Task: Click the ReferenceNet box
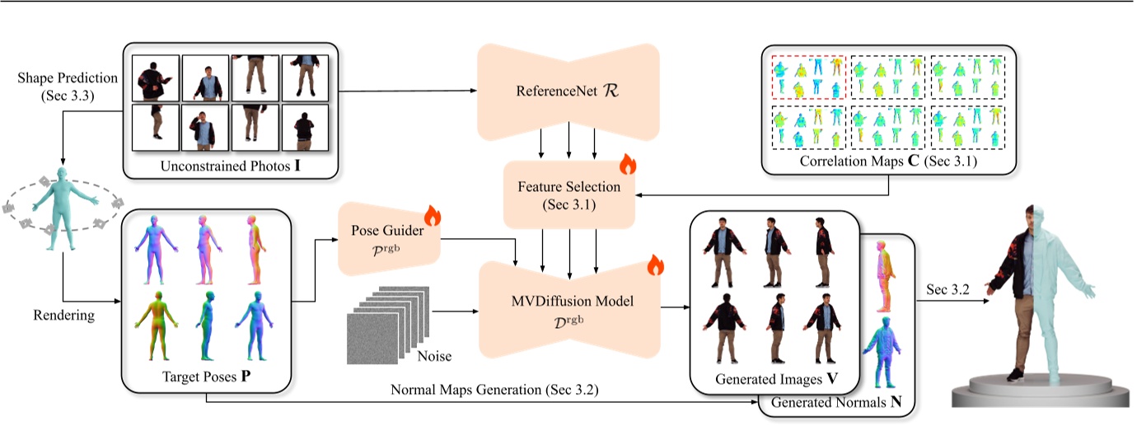(568, 91)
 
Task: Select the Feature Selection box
(569, 194)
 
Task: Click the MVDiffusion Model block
(568, 310)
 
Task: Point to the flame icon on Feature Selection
(628, 164)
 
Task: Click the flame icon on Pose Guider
(433, 217)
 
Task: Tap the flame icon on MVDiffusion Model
(654, 265)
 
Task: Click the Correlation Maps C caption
(888, 162)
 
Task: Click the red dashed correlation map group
(807, 77)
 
